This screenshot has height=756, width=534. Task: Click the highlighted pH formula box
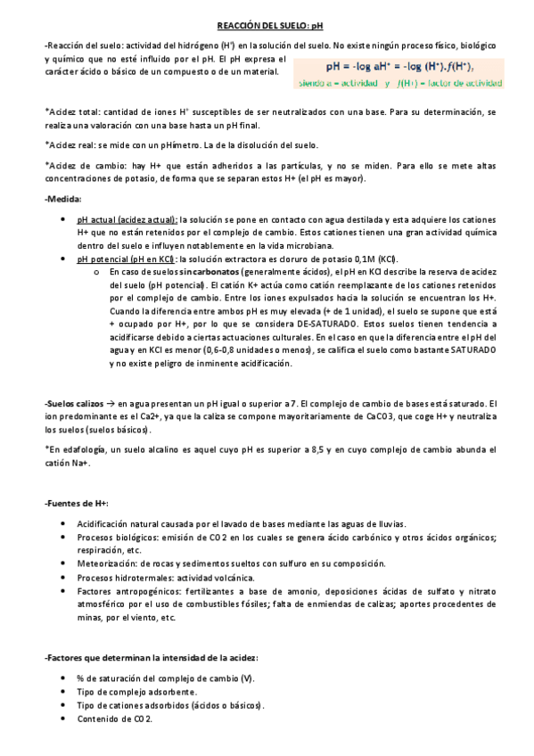pyautogui.click(x=401, y=66)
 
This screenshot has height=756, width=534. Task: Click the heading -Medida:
pyautogui.click(x=62, y=199)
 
